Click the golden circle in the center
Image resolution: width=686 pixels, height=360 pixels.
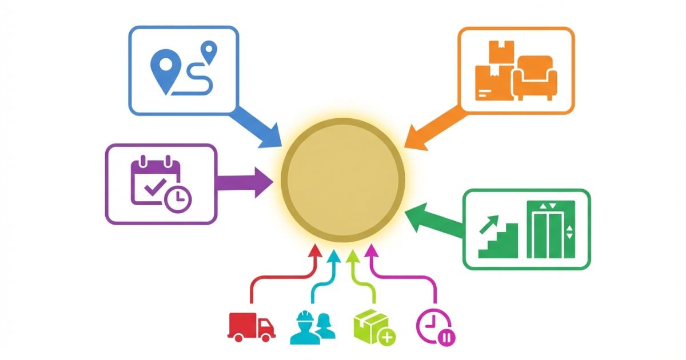click(x=343, y=181)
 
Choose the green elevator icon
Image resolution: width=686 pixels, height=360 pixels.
click(x=548, y=229)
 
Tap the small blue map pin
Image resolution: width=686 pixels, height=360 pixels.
click(x=210, y=51)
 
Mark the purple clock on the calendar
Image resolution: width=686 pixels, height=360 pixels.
click(x=178, y=198)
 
